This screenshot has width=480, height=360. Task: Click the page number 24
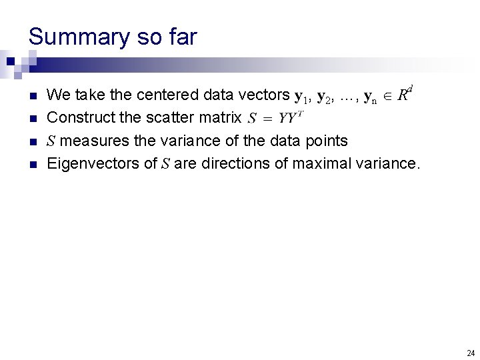(471, 353)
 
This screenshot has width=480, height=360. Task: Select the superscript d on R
(410, 89)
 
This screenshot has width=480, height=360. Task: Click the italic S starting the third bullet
(51, 141)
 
